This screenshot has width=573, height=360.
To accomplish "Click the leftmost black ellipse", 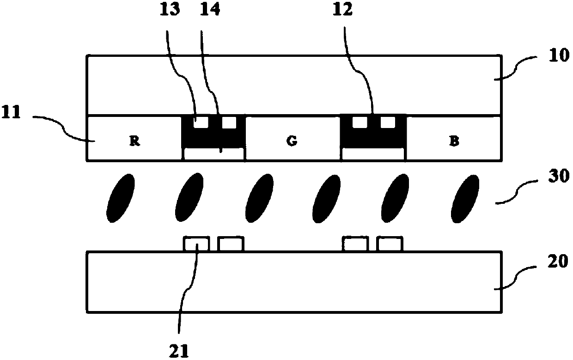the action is point(121,198).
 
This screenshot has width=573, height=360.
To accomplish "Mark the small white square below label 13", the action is point(201,122).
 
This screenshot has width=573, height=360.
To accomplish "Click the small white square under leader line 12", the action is point(359,122).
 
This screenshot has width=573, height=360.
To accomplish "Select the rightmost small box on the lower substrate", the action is point(390,244).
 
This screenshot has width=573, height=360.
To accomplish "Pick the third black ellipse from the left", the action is point(259,198).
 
